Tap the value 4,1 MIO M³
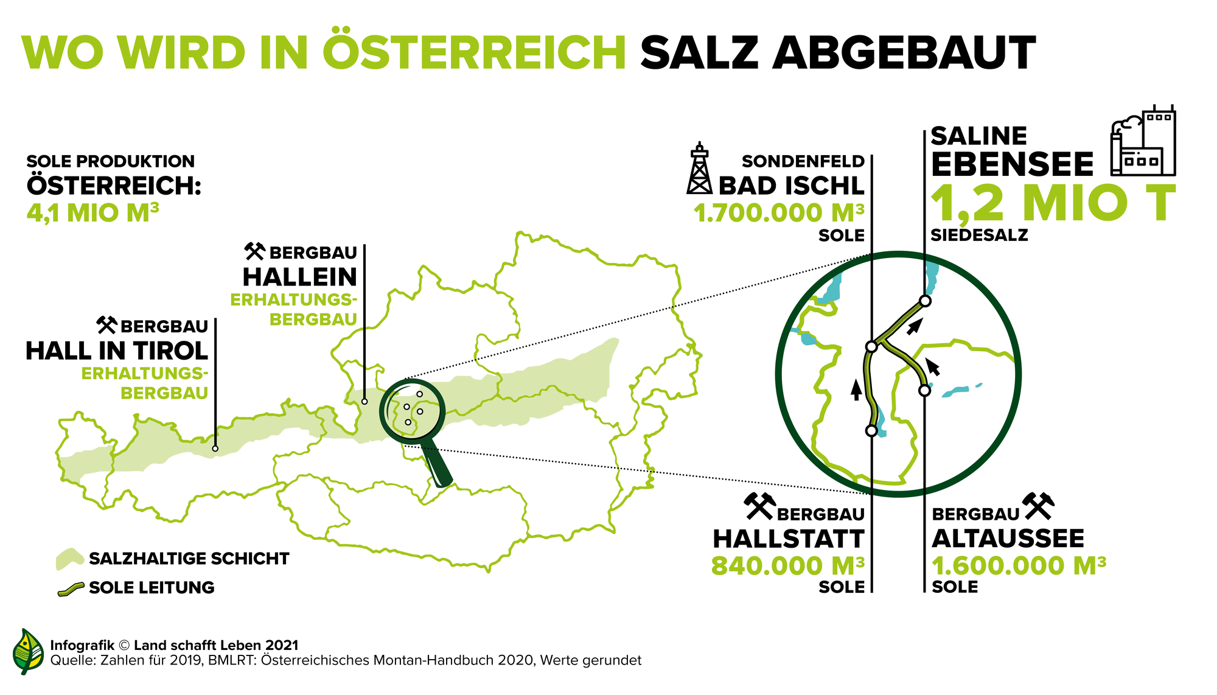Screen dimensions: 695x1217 pos(92,213)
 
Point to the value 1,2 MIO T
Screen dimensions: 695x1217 pos(1053,203)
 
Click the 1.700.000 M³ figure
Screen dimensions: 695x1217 pos(779,213)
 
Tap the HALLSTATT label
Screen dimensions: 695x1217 pos(788,539)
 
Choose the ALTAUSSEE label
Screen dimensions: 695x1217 pos(1008,539)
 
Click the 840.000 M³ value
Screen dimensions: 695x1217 pos(787,566)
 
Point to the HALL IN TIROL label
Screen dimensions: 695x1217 pos(117,351)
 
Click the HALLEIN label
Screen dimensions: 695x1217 pos(300,278)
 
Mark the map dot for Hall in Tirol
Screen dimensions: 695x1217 pos(215,449)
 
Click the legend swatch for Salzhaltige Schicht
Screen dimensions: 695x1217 pos(69,559)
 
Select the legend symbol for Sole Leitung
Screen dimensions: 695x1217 pos(71,588)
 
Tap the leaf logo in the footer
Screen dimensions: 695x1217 pos(28,652)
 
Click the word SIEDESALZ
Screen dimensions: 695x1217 pos(979,236)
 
